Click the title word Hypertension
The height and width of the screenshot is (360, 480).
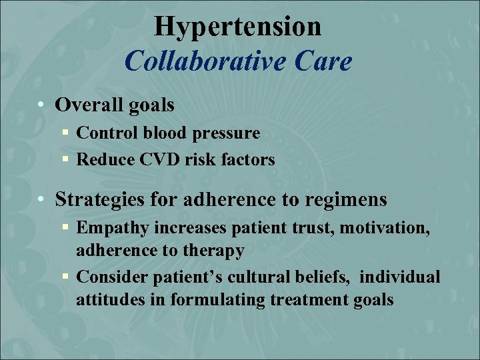238,27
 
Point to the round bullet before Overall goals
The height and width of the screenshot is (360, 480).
41,105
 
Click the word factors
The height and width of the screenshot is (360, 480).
247,159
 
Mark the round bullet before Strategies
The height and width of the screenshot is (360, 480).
41,199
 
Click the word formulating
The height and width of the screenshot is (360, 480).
217,300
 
